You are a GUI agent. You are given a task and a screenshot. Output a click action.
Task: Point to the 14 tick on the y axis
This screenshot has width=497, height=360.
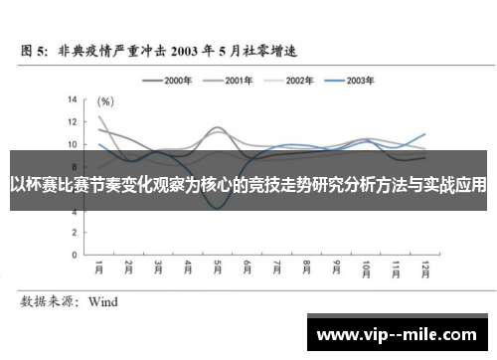72,99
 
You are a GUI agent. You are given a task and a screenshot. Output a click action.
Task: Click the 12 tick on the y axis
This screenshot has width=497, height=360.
72,121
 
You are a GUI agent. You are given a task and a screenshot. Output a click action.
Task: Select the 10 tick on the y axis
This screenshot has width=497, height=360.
72,143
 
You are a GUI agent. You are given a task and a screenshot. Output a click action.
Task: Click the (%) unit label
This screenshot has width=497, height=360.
105,100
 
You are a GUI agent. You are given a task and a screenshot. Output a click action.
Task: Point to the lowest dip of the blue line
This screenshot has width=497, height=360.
218,207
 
